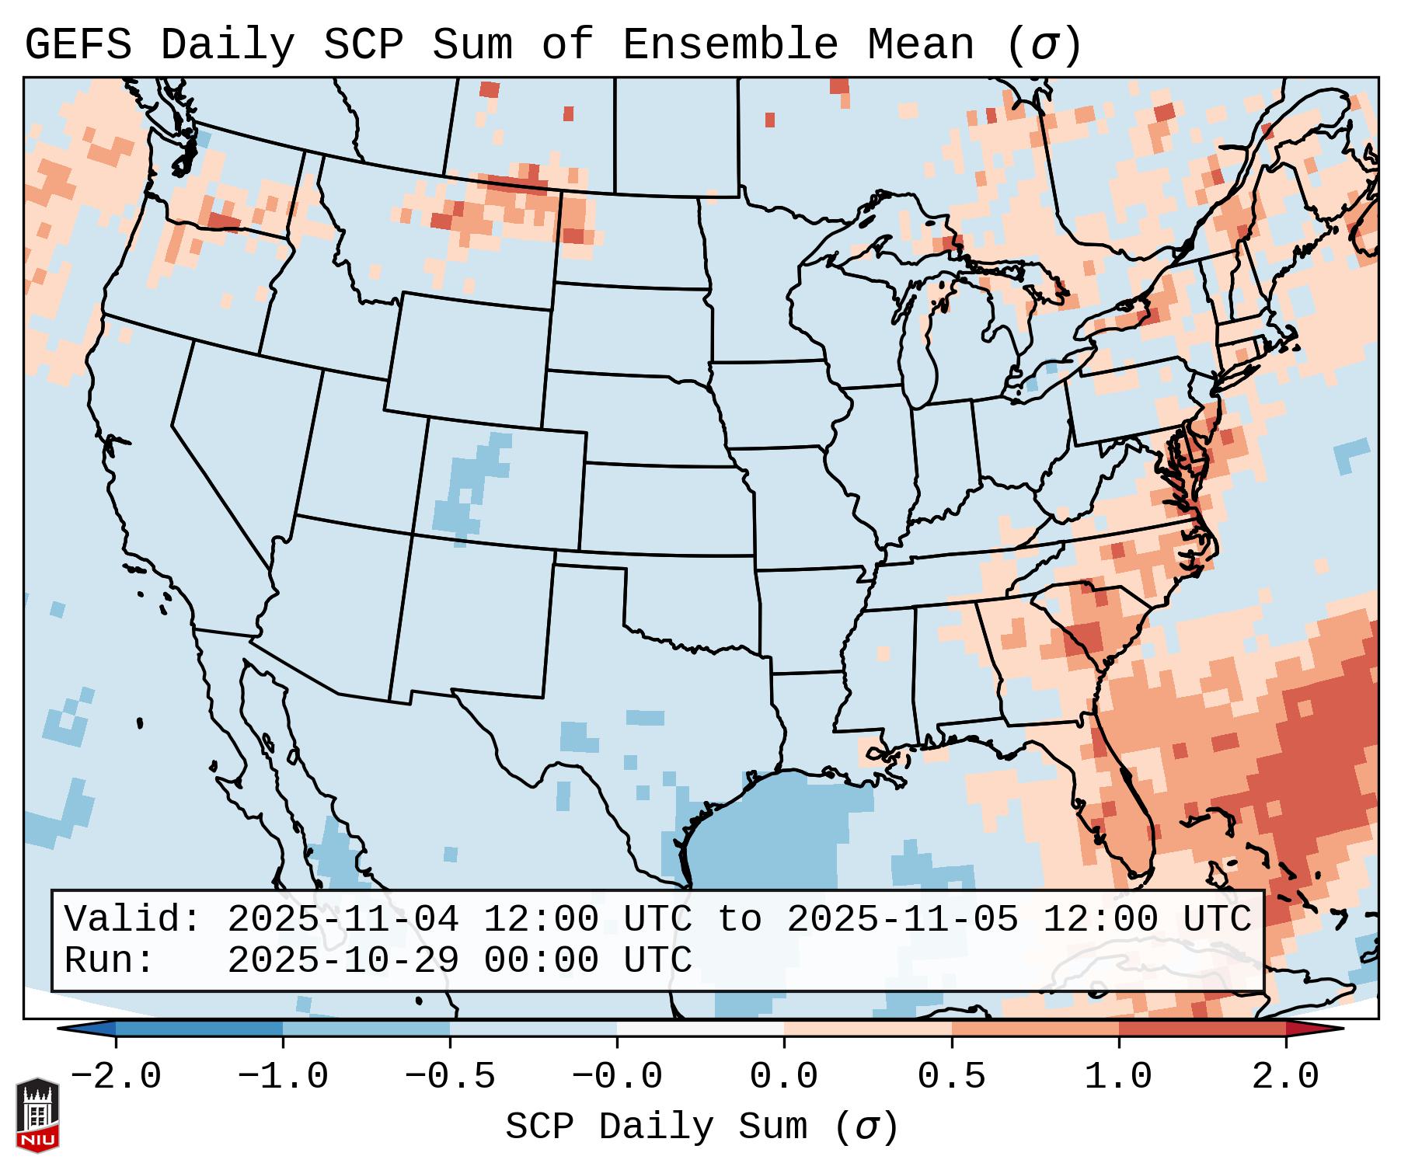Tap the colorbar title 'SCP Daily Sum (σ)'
[702, 1126]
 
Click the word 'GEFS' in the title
[78, 45]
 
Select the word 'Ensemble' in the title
[730, 45]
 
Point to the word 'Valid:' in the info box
[133, 920]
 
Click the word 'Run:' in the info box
[110, 961]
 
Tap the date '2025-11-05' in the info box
[902, 920]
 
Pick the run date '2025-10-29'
[343, 961]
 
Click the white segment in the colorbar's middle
[700, 1029]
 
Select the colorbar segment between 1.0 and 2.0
[1201, 1029]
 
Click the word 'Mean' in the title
[921, 45]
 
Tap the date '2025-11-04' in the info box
[343, 920]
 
